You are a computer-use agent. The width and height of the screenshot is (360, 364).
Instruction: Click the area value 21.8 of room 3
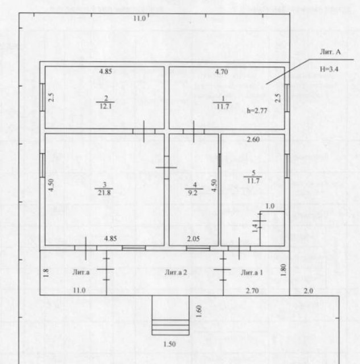tap(104, 193)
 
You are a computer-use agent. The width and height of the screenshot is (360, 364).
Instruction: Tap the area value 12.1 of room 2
tap(106, 106)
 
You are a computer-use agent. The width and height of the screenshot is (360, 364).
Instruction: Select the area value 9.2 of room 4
tap(193, 193)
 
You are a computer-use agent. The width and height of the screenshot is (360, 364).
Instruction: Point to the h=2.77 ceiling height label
tap(257, 110)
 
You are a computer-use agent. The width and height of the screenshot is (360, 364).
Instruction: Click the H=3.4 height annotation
tap(329, 69)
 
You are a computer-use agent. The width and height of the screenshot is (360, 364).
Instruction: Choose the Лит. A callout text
tap(330, 52)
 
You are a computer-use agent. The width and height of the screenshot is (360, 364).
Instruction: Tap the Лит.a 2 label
tap(176, 272)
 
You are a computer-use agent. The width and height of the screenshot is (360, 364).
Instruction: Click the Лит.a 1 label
tap(252, 272)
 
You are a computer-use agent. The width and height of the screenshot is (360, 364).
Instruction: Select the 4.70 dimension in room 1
tap(221, 72)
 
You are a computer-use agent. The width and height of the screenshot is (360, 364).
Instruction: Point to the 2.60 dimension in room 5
tap(253, 139)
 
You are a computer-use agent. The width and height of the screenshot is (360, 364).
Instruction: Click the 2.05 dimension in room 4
tap(193, 239)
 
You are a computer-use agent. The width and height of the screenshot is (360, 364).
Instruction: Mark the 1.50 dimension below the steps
tap(169, 344)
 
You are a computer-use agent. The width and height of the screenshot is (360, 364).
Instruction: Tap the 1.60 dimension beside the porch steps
tap(198, 311)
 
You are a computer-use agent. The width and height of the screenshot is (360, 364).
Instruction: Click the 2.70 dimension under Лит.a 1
tap(252, 291)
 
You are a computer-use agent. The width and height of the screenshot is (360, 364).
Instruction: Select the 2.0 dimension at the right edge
tap(308, 291)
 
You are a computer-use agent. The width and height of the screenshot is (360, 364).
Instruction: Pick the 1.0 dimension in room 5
tap(270, 206)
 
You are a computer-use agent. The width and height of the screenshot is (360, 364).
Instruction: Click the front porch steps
tap(171, 328)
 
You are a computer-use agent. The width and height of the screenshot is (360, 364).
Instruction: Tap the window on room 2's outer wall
tap(43, 97)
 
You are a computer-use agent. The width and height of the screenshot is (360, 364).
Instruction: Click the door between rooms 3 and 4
tap(167, 167)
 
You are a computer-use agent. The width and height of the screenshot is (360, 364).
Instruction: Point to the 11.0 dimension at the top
tap(139, 18)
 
